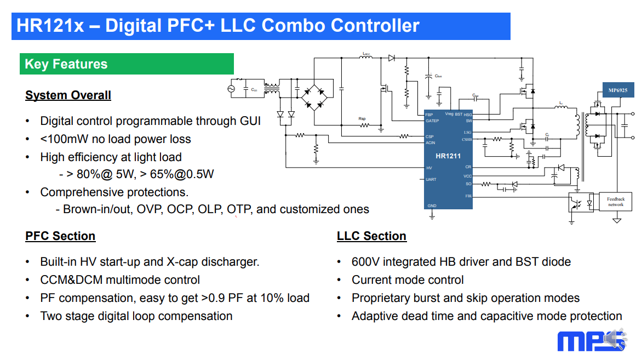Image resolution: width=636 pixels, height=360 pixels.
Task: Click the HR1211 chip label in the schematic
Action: tap(448, 156)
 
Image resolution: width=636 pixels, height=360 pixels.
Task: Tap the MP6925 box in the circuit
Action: tap(617, 90)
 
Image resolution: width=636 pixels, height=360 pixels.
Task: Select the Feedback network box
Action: tap(616, 201)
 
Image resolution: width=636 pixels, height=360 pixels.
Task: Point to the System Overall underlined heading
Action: tap(68, 95)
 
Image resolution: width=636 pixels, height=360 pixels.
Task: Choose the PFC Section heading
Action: tap(60, 236)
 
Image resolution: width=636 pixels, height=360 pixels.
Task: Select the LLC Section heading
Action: tap(371, 236)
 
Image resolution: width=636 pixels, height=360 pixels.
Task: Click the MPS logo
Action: tap(591, 340)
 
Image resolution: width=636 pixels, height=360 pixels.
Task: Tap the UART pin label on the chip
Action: tap(431, 179)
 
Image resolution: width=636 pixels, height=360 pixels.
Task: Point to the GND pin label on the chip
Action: tap(432, 206)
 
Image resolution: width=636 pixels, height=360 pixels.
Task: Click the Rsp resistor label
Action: tap(362, 118)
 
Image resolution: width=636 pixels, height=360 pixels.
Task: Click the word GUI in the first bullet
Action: tap(249, 121)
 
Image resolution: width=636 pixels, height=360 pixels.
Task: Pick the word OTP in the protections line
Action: tap(239, 209)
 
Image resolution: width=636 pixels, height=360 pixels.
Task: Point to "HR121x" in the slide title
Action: tap(50, 26)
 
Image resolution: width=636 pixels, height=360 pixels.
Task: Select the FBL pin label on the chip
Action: tap(468, 196)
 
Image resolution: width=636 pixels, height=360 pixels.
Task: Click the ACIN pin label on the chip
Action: tap(431, 143)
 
